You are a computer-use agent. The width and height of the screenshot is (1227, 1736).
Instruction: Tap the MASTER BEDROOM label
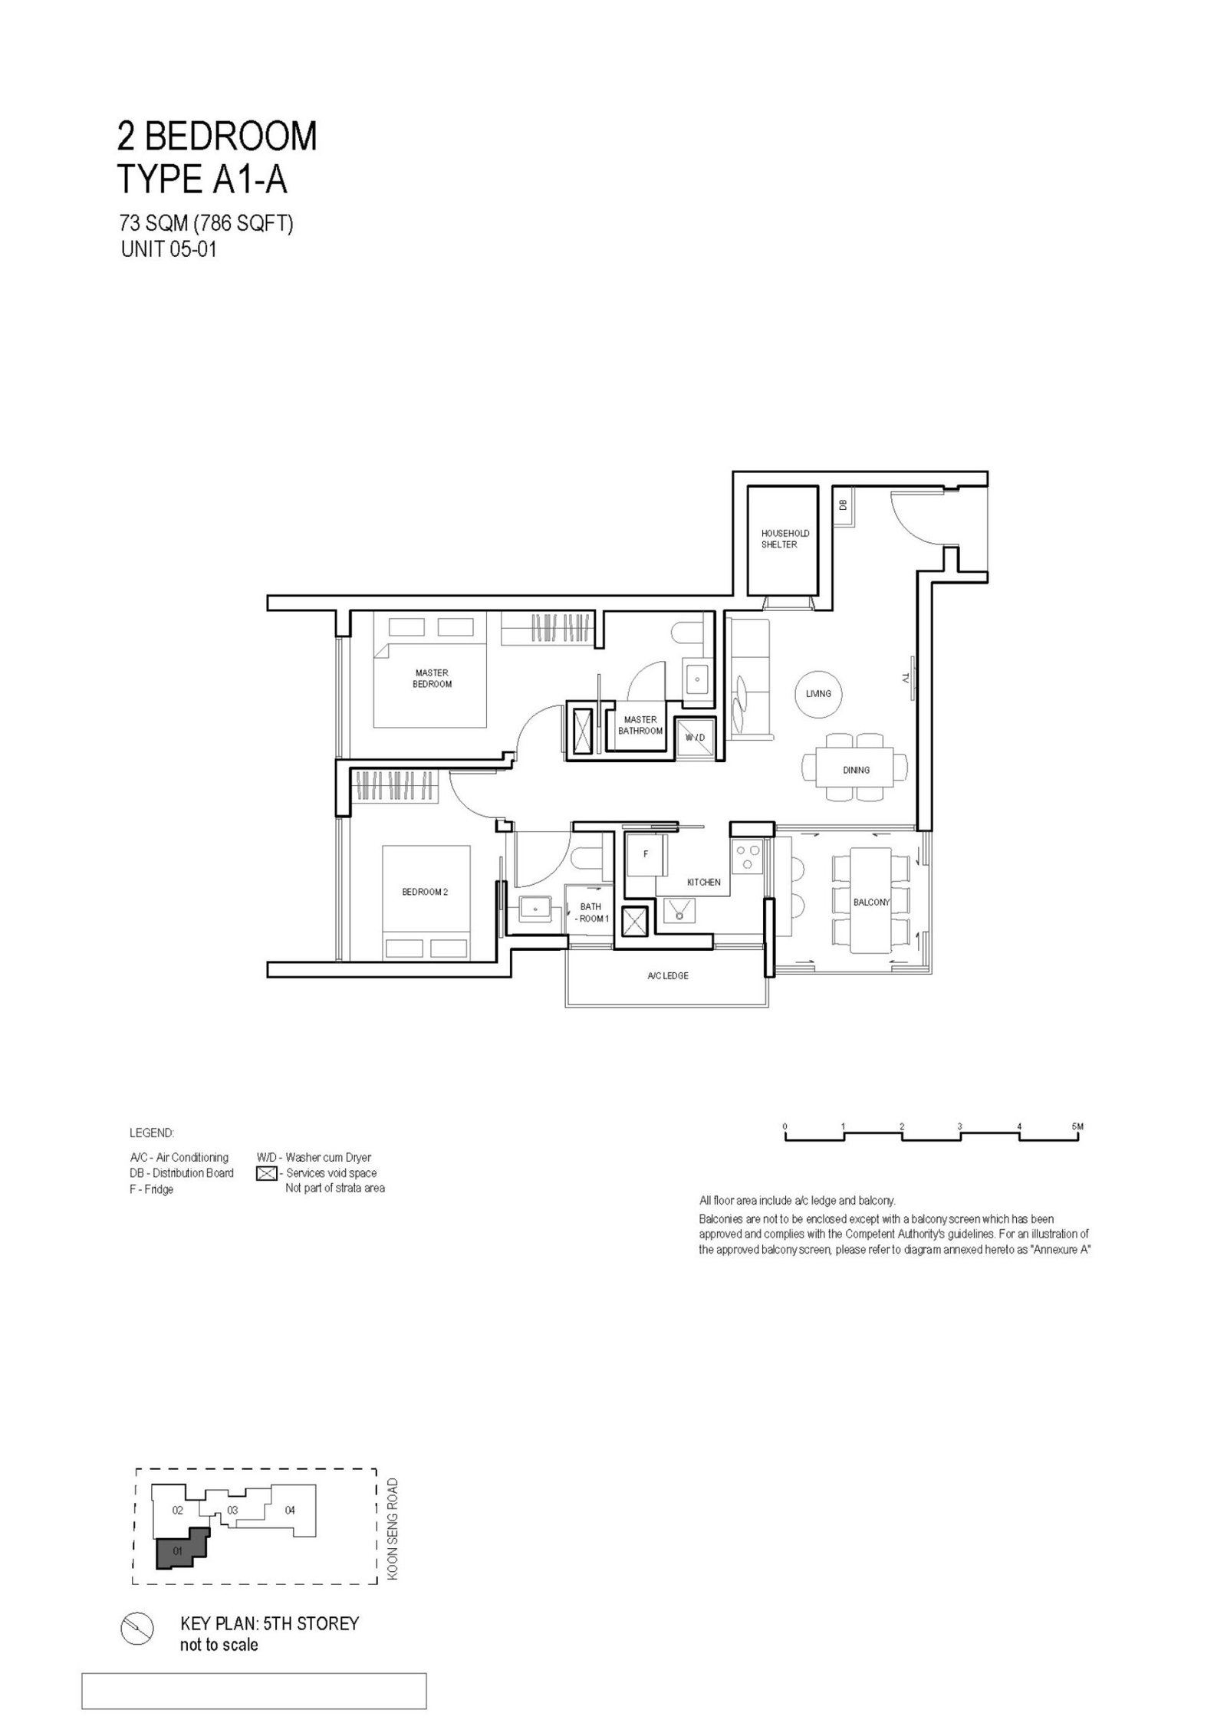[x=432, y=678]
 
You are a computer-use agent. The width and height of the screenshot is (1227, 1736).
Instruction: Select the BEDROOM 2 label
[x=425, y=892]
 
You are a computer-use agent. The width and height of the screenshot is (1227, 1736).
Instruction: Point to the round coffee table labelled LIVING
[x=818, y=693]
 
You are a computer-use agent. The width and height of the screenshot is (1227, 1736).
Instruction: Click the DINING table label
[x=856, y=770]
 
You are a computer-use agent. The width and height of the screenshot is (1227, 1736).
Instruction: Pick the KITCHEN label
[x=703, y=882]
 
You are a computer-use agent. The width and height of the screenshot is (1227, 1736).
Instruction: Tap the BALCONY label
[x=871, y=902]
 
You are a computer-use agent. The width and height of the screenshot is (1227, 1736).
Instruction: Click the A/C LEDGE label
[x=667, y=975]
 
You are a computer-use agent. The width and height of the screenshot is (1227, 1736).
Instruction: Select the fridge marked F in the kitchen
[x=646, y=854]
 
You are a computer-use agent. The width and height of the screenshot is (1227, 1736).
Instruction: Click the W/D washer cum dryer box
[x=695, y=736]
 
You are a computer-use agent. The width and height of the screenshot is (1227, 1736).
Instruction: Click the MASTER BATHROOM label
[x=640, y=725]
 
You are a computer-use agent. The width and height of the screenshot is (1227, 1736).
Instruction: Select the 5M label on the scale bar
[x=1078, y=1126]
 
